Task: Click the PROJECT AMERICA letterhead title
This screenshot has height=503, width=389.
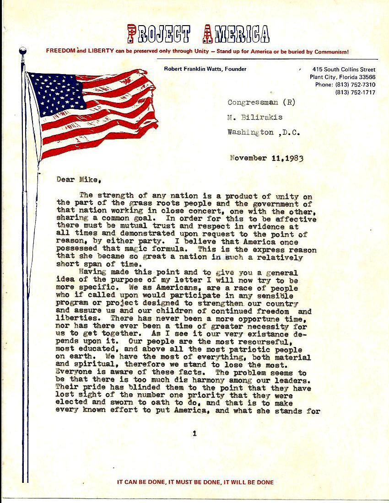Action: pos(198,33)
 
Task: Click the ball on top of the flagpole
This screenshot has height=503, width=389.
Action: pos(22,51)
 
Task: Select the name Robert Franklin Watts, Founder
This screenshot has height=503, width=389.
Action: pos(205,69)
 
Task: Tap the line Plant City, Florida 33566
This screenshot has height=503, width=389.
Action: pos(342,77)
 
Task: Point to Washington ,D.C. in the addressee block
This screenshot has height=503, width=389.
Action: pos(263,133)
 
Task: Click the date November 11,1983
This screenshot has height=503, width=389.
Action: pos(266,159)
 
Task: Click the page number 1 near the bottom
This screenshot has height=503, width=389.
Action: pos(194,433)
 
